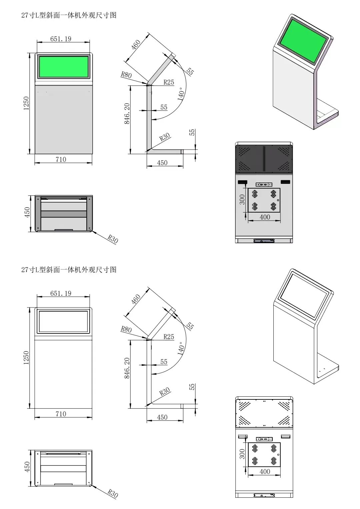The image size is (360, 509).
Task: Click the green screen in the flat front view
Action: click(x=64, y=67)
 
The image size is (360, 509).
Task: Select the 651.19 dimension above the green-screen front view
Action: click(x=61, y=39)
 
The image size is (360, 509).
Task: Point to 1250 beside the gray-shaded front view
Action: click(x=26, y=103)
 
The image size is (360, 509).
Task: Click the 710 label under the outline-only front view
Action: click(x=61, y=414)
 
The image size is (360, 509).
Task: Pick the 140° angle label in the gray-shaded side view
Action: click(x=181, y=94)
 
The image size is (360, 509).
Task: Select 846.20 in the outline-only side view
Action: click(x=127, y=368)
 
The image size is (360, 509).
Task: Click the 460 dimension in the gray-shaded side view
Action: click(x=136, y=45)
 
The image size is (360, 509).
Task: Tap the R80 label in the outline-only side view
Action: click(x=126, y=329)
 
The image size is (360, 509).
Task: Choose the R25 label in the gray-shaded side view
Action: click(x=169, y=82)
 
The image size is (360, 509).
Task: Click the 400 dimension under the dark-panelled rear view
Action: click(x=265, y=217)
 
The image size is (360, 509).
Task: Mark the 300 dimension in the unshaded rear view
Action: click(x=242, y=454)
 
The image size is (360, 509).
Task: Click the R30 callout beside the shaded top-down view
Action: click(x=113, y=239)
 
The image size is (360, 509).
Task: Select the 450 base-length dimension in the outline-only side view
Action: click(x=162, y=417)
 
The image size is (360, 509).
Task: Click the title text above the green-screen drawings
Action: click(x=69, y=15)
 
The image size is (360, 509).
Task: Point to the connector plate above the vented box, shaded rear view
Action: click(x=264, y=184)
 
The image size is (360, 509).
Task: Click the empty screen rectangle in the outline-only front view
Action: click(x=63, y=321)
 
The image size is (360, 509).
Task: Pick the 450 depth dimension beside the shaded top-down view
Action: click(x=27, y=212)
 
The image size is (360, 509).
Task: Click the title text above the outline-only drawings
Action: click(x=69, y=270)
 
